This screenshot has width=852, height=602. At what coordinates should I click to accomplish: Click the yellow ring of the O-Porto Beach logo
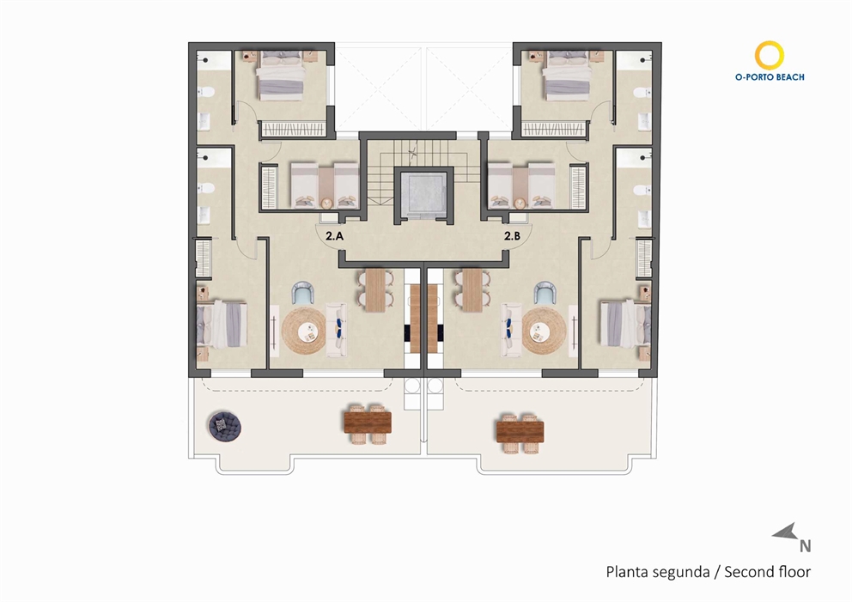click(769, 55)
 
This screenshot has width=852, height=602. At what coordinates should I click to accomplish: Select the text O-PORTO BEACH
click(770, 76)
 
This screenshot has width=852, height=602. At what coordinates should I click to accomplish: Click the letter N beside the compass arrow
click(805, 544)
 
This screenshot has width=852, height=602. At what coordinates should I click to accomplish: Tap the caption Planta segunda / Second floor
click(708, 571)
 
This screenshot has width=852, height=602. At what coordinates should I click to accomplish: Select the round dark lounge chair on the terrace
click(226, 424)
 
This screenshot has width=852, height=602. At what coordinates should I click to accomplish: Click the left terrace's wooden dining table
click(367, 423)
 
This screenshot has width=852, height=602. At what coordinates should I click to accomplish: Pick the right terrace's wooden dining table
click(519, 426)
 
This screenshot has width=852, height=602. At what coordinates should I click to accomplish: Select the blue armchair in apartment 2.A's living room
click(303, 295)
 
